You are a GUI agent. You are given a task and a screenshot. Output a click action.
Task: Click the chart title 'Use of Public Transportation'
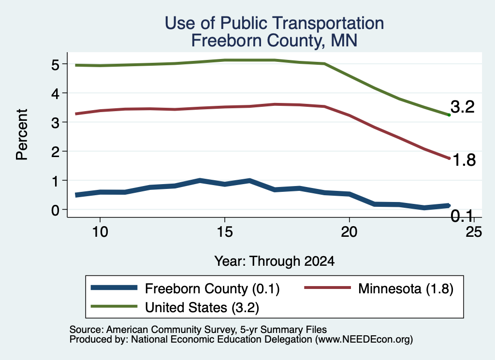(x=275, y=23)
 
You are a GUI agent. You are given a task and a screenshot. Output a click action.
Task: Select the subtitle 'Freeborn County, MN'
(x=275, y=41)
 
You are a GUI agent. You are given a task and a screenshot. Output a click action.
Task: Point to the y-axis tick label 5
(x=55, y=65)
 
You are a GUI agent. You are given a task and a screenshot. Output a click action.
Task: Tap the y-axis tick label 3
(x=55, y=123)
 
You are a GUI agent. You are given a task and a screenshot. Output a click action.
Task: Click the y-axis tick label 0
(x=55, y=210)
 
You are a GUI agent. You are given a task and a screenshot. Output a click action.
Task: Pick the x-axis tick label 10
(x=100, y=232)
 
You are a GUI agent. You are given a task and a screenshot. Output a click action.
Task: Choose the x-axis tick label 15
(x=225, y=232)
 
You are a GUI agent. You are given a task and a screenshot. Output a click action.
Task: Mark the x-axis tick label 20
(x=349, y=232)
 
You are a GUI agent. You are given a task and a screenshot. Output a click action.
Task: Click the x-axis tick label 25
(x=474, y=232)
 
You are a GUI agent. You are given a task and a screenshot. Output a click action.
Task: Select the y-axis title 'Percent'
(x=22, y=135)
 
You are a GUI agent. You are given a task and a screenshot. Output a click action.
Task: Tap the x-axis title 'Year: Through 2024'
(x=275, y=261)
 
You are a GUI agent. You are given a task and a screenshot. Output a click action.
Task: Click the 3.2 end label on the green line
(x=463, y=107)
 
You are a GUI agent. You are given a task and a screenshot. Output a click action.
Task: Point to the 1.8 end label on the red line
(x=464, y=160)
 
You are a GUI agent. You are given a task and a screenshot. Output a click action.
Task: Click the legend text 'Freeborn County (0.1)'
(x=212, y=288)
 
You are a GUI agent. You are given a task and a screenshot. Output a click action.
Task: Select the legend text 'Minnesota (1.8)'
(x=406, y=288)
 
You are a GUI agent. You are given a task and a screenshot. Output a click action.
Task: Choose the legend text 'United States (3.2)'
(x=202, y=308)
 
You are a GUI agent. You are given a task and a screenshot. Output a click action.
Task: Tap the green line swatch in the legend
(x=114, y=306)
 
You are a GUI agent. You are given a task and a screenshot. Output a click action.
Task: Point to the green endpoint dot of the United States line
(x=449, y=115)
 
